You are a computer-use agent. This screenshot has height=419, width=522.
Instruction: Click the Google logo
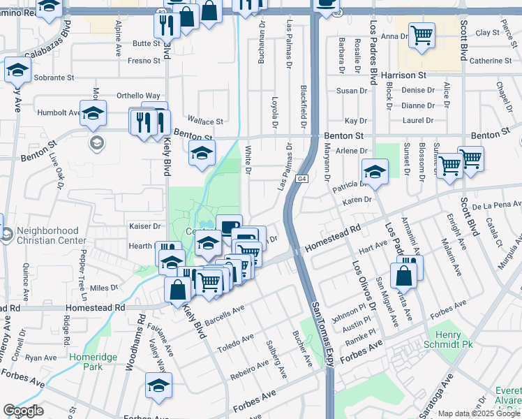point(23,411)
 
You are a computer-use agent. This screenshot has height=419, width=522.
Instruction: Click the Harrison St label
point(403,74)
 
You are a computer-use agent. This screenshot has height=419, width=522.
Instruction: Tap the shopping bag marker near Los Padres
point(404,276)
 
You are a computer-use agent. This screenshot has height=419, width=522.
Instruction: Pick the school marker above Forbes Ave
point(158,385)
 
